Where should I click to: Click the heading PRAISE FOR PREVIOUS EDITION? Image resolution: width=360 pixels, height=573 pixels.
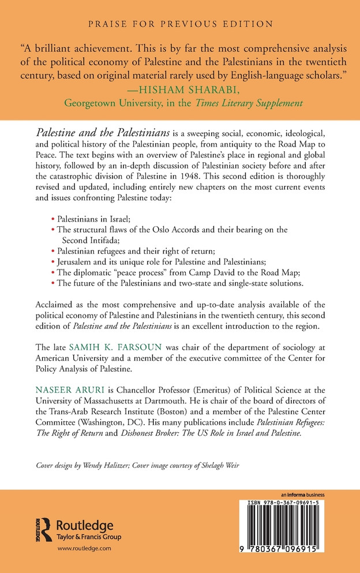tap(179, 24)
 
